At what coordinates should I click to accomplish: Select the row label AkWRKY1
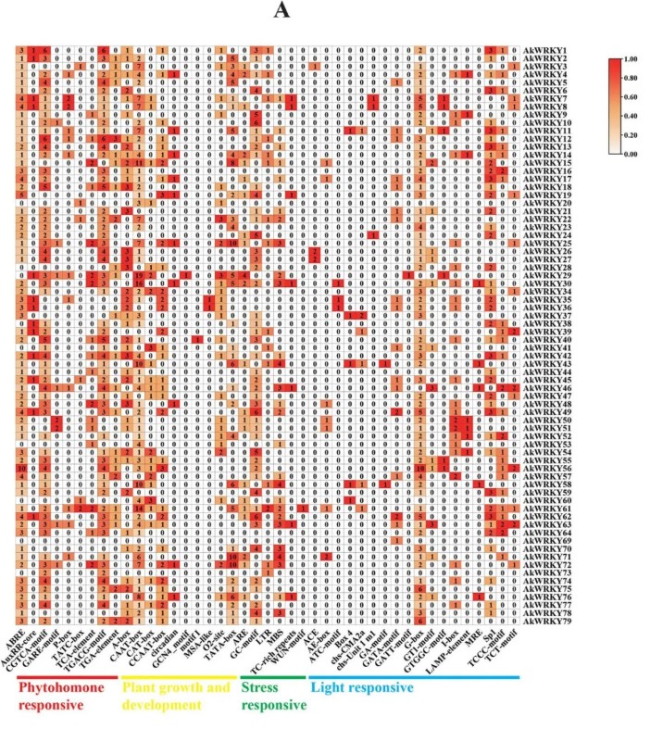pos(545,50)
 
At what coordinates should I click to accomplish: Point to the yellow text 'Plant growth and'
pos(176,688)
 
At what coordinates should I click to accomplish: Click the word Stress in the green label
pos(263,688)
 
